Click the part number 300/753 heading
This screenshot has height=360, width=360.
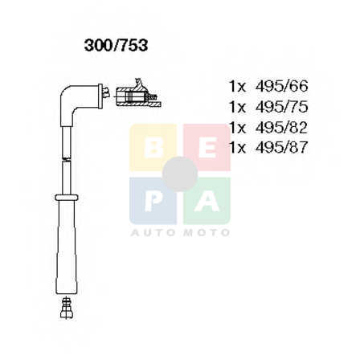pos(116,46)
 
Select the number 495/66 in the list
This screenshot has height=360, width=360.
pos(282,86)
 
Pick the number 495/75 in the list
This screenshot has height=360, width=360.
pos(282,107)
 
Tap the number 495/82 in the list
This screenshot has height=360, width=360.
pos(282,128)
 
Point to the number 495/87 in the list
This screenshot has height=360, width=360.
pos(282,148)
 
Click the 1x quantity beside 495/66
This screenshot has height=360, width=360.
pos(238,87)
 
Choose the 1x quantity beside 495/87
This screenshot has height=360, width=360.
pos(238,148)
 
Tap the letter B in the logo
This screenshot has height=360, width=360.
pos(153,148)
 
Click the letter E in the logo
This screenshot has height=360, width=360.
pos(207,148)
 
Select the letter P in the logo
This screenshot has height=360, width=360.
pos(153,202)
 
